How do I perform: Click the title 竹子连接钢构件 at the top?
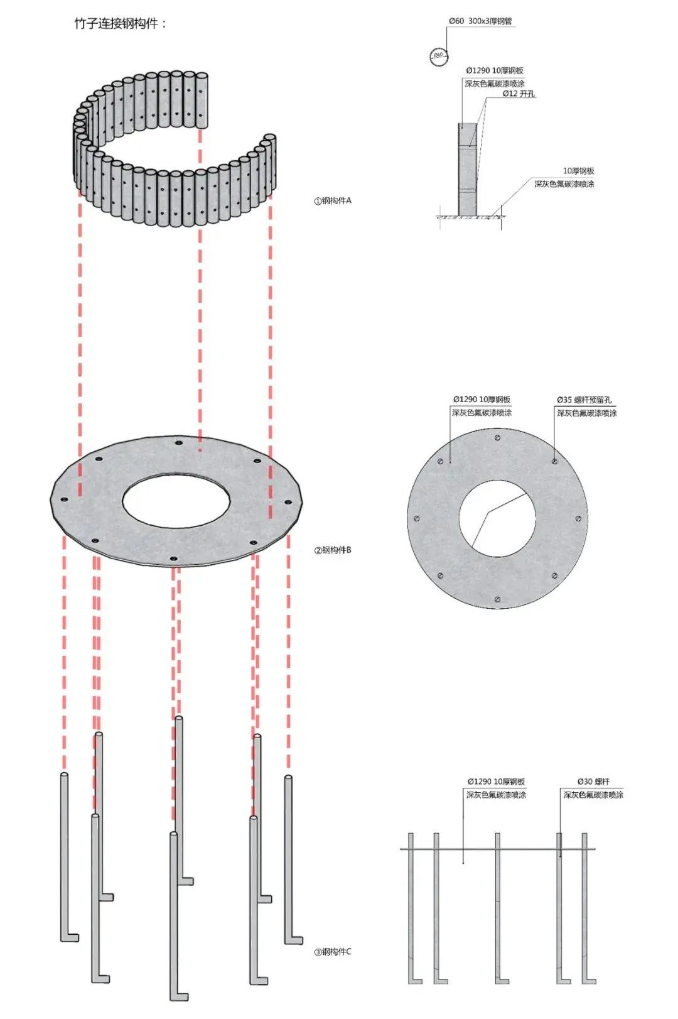point(121,24)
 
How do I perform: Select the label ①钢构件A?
point(333,201)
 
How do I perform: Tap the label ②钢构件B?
point(333,550)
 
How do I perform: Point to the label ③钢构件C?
point(333,952)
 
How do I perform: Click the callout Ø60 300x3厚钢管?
point(480,21)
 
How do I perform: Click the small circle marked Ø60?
point(438,55)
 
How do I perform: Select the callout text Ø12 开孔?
point(519,94)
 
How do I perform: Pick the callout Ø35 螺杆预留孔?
point(584,400)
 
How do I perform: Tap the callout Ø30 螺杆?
point(593,782)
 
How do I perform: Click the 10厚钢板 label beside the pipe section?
point(578,171)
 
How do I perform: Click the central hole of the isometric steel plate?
point(176,501)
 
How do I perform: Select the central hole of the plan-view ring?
point(497,518)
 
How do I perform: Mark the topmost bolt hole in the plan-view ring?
point(497,437)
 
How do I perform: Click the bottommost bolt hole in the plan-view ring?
point(497,599)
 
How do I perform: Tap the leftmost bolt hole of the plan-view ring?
point(417,519)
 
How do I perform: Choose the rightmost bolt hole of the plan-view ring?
point(578,518)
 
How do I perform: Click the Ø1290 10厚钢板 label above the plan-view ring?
point(482,400)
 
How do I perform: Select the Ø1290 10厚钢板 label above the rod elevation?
point(496,782)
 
